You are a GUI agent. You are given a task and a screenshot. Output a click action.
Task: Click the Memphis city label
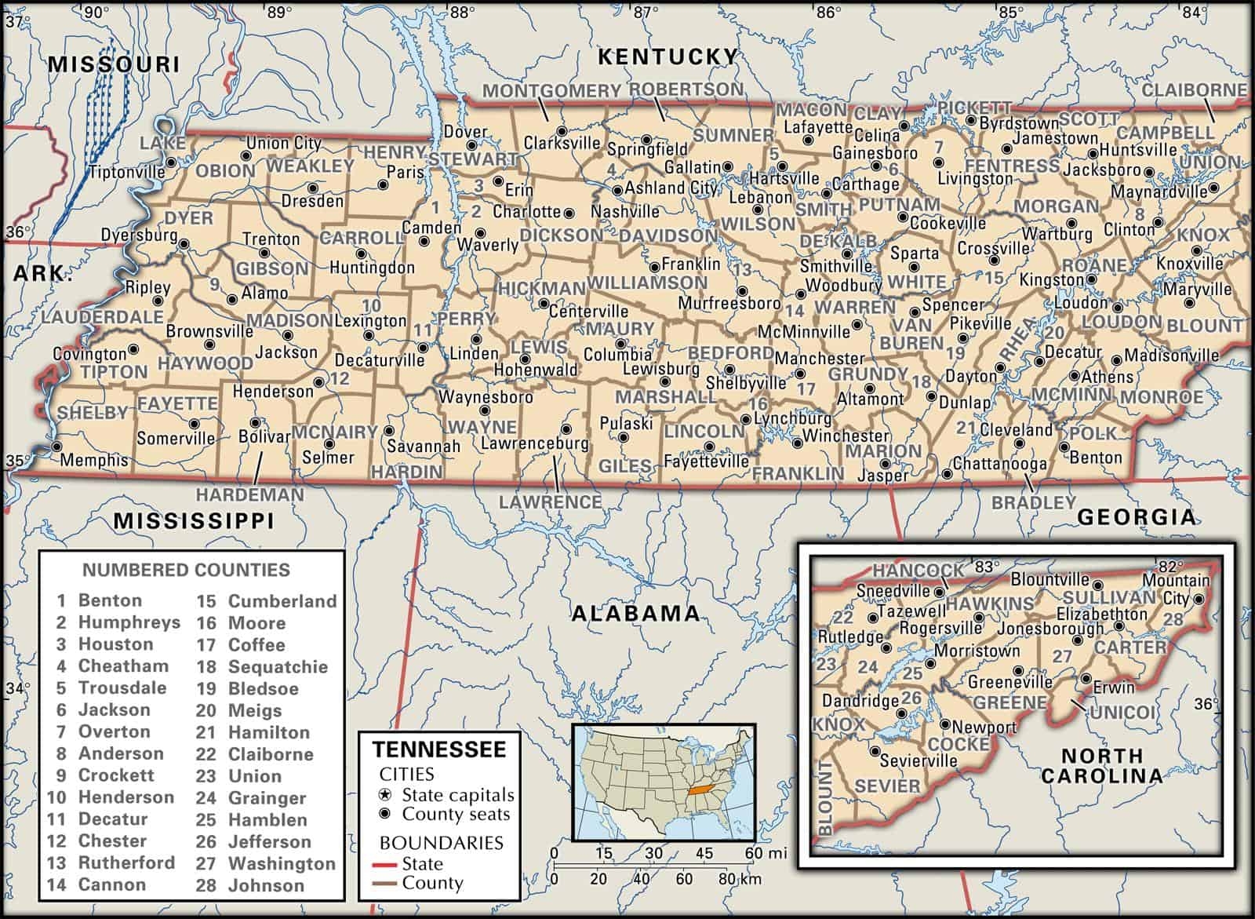(93, 461)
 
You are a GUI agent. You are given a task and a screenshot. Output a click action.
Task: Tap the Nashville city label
(625, 212)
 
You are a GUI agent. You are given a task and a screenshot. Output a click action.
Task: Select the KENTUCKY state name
(668, 57)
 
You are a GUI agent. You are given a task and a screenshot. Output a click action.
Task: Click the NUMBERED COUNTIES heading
(186, 571)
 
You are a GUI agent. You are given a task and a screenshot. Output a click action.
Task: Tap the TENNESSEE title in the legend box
(438, 749)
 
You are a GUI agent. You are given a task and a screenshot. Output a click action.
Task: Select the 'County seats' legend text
(456, 815)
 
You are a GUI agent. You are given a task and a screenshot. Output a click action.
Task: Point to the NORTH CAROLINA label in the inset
(1101, 766)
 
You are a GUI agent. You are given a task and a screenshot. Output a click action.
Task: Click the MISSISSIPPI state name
(194, 521)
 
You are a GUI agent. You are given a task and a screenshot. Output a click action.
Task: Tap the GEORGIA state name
(1137, 517)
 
